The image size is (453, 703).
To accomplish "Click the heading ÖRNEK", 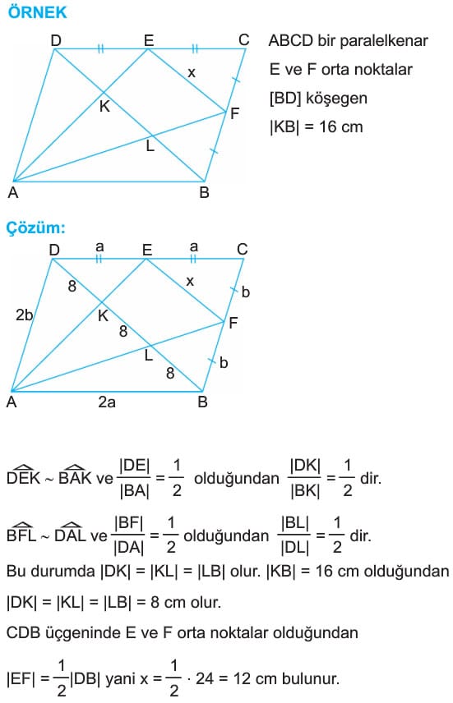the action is [x=38, y=12].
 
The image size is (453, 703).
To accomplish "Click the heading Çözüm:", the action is [x=36, y=228].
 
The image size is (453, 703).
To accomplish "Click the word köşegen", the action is [x=336, y=99].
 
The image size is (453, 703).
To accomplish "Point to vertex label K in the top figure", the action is [x=104, y=107].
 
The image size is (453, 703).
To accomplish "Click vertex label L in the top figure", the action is [x=150, y=145].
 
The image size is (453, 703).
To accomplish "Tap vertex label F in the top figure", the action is [x=234, y=113].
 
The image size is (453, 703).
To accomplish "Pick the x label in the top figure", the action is [x=192, y=72].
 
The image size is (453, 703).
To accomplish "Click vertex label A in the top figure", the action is [x=13, y=192].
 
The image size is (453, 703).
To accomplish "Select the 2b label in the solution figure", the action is [x=24, y=315].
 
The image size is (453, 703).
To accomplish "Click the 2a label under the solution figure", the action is [x=107, y=402].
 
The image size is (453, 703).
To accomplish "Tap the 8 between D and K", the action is [x=72, y=286].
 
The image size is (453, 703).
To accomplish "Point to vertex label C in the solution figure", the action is [x=243, y=249].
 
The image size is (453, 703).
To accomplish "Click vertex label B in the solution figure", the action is [x=202, y=402].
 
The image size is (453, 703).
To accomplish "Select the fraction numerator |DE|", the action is [x=135, y=466].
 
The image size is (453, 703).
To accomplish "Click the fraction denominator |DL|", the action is [x=295, y=548].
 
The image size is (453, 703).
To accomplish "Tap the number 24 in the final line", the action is [x=205, y=678].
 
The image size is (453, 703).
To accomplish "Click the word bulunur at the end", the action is [x=311, y=678].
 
